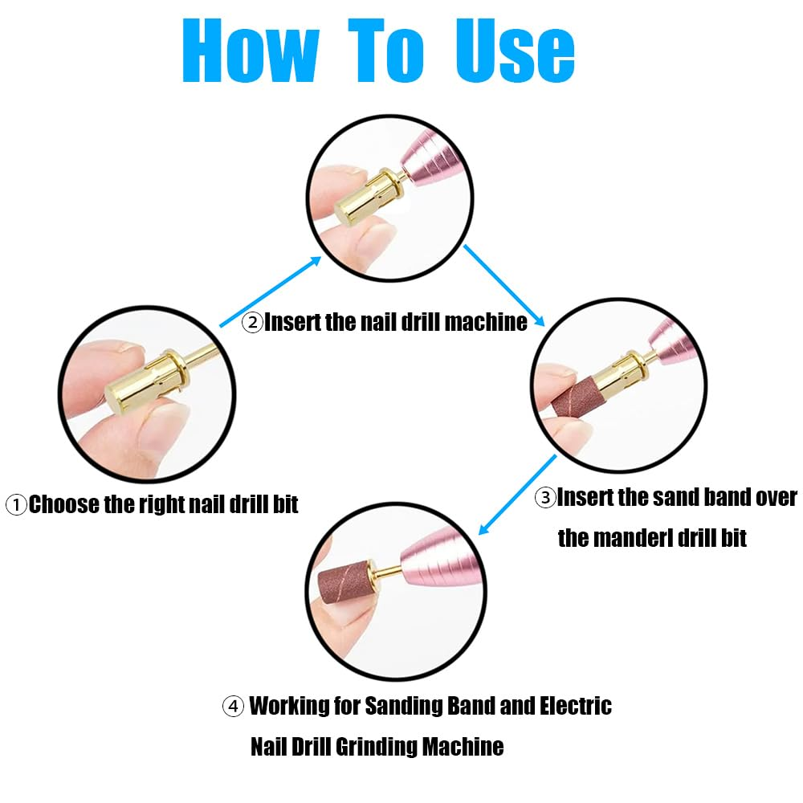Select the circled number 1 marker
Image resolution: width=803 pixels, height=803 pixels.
[16, 505]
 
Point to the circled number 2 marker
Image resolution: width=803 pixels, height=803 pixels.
[252, 323]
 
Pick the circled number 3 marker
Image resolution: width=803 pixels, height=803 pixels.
[545, 498]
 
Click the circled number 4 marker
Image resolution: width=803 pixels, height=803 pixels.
[233, 707]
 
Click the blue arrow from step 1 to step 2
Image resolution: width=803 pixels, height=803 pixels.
[271, 291]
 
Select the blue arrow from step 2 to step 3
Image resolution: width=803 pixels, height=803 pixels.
[504, 286]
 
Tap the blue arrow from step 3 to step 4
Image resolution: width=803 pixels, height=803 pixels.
[517, 495]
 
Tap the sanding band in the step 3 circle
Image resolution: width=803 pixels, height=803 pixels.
[579, 397]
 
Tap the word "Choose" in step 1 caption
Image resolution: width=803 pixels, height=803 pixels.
[64, 504]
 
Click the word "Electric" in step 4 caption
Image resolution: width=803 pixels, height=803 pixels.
[576, 706]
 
